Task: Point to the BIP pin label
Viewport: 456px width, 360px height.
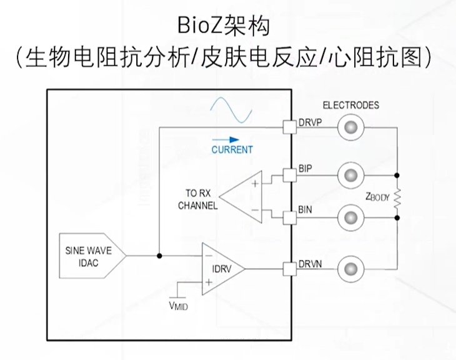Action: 305,169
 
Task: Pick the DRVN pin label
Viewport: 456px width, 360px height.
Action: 310,265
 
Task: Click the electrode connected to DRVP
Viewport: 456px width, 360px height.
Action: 350,128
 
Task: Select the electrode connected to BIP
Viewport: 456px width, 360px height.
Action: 350,173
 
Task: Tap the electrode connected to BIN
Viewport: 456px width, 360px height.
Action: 350,219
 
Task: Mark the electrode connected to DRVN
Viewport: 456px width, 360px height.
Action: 350,269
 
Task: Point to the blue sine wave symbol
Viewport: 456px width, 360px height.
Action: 230,111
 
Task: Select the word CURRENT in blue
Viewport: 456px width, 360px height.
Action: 232,150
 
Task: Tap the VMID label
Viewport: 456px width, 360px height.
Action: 179,306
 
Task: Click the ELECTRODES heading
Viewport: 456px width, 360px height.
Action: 350,105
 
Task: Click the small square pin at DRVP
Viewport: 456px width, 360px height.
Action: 289,127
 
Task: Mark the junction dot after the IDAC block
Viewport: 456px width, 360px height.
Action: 159,256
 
